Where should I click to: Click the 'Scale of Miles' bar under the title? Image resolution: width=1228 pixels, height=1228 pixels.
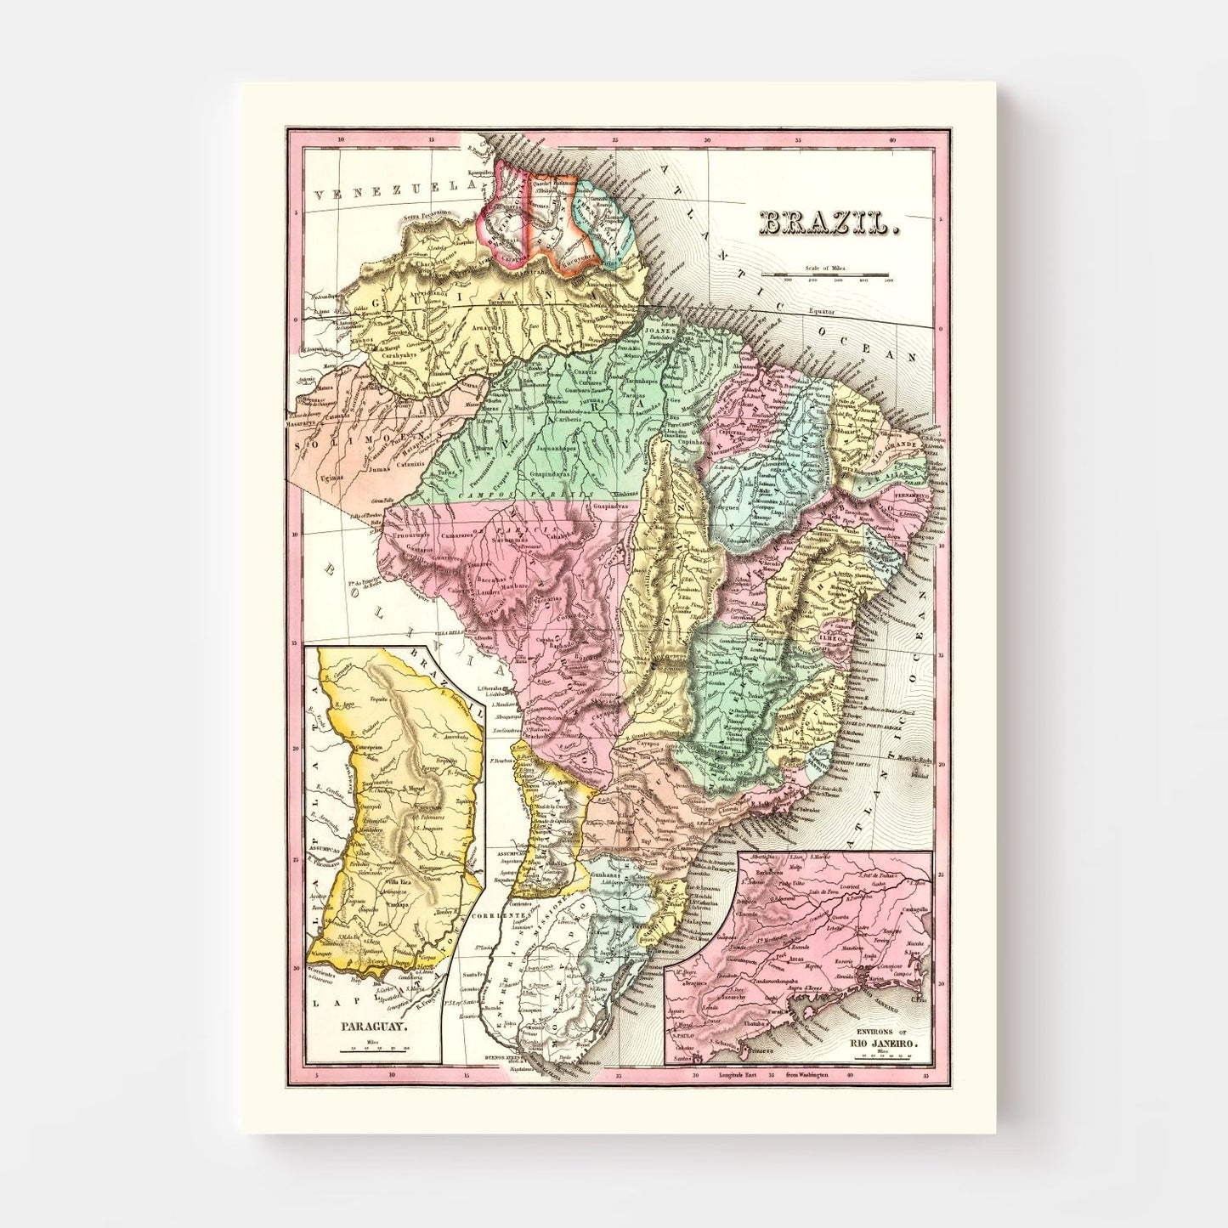(x=825, y=274)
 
